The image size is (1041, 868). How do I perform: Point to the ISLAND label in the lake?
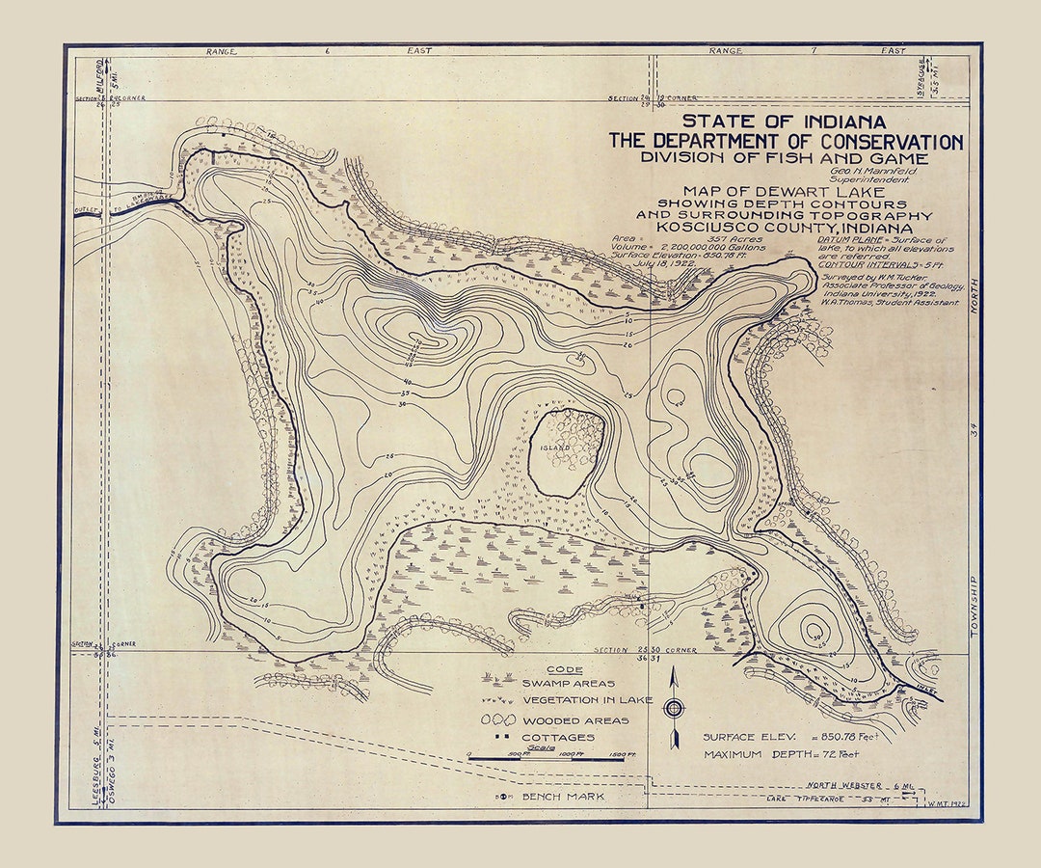click(556, 448)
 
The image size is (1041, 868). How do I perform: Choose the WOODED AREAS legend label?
click(575, 720)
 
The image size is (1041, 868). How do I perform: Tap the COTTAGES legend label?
click(558, 738)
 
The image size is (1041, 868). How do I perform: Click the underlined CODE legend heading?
click(564, 669)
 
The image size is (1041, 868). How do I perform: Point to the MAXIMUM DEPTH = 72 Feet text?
click(781, 754)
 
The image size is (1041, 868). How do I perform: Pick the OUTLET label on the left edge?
click(89, 211)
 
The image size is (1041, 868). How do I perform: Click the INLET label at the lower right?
click(921, 688)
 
